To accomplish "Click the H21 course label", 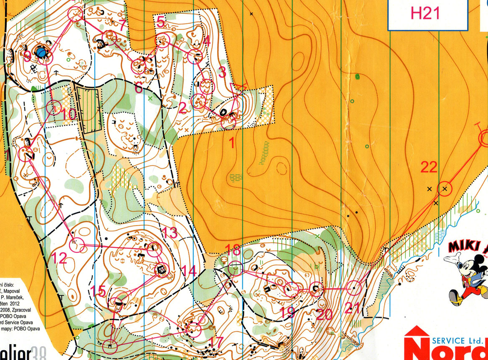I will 425,14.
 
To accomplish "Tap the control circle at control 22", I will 445,189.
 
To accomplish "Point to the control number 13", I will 170,233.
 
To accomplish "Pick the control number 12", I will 59,258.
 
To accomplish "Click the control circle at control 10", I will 54,108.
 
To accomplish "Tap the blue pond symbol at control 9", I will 41,52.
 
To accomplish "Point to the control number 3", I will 222,72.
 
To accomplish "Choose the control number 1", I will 232,143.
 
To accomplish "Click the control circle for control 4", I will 195,56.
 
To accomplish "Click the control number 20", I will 324,315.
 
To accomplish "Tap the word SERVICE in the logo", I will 453,340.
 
